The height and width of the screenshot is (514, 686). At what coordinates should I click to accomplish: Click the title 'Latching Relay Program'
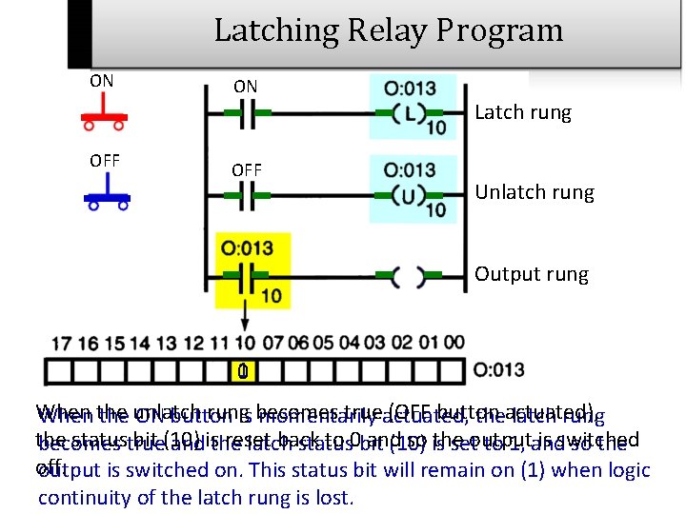[388, 30]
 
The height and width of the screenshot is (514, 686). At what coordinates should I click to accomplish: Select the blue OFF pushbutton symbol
[107, 194]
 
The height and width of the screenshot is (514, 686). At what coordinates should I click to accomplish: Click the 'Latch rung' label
[523, 112]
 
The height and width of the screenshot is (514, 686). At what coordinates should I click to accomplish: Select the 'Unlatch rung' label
[535, 192]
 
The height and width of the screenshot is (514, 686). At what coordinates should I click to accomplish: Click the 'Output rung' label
[532, 274]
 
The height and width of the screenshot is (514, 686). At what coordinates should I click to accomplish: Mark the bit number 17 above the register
[62, 343]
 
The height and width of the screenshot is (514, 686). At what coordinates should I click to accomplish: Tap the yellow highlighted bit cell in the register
[243, 370]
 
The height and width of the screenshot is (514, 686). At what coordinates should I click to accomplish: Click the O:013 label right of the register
[499, 369]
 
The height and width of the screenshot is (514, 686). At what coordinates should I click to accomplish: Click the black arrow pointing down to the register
[244, 319]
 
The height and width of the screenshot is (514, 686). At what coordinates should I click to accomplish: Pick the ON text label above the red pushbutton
[102, 81]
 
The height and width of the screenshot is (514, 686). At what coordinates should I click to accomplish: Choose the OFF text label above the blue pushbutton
[105, 160]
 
